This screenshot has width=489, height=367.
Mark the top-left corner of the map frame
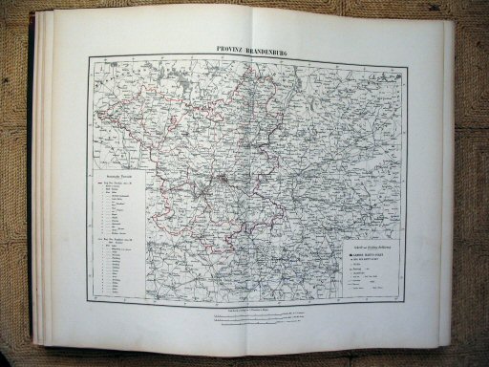(89, 55)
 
